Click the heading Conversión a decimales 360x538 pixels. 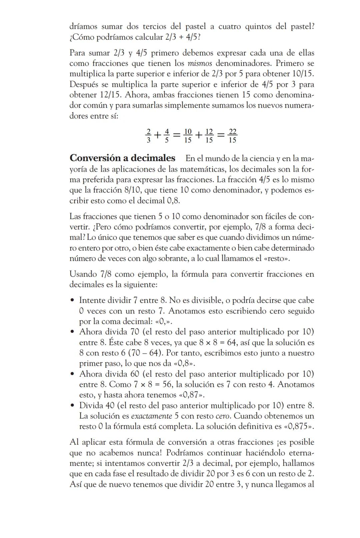click(122, 158)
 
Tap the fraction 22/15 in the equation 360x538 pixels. click(232, 136)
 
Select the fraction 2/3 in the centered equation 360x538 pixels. click(148, 136)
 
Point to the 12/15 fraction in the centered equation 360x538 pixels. click(209, 136)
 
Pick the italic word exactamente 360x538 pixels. click(152, 416)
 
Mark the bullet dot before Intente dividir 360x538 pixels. click(72, 300)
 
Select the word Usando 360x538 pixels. click(83, 274)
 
